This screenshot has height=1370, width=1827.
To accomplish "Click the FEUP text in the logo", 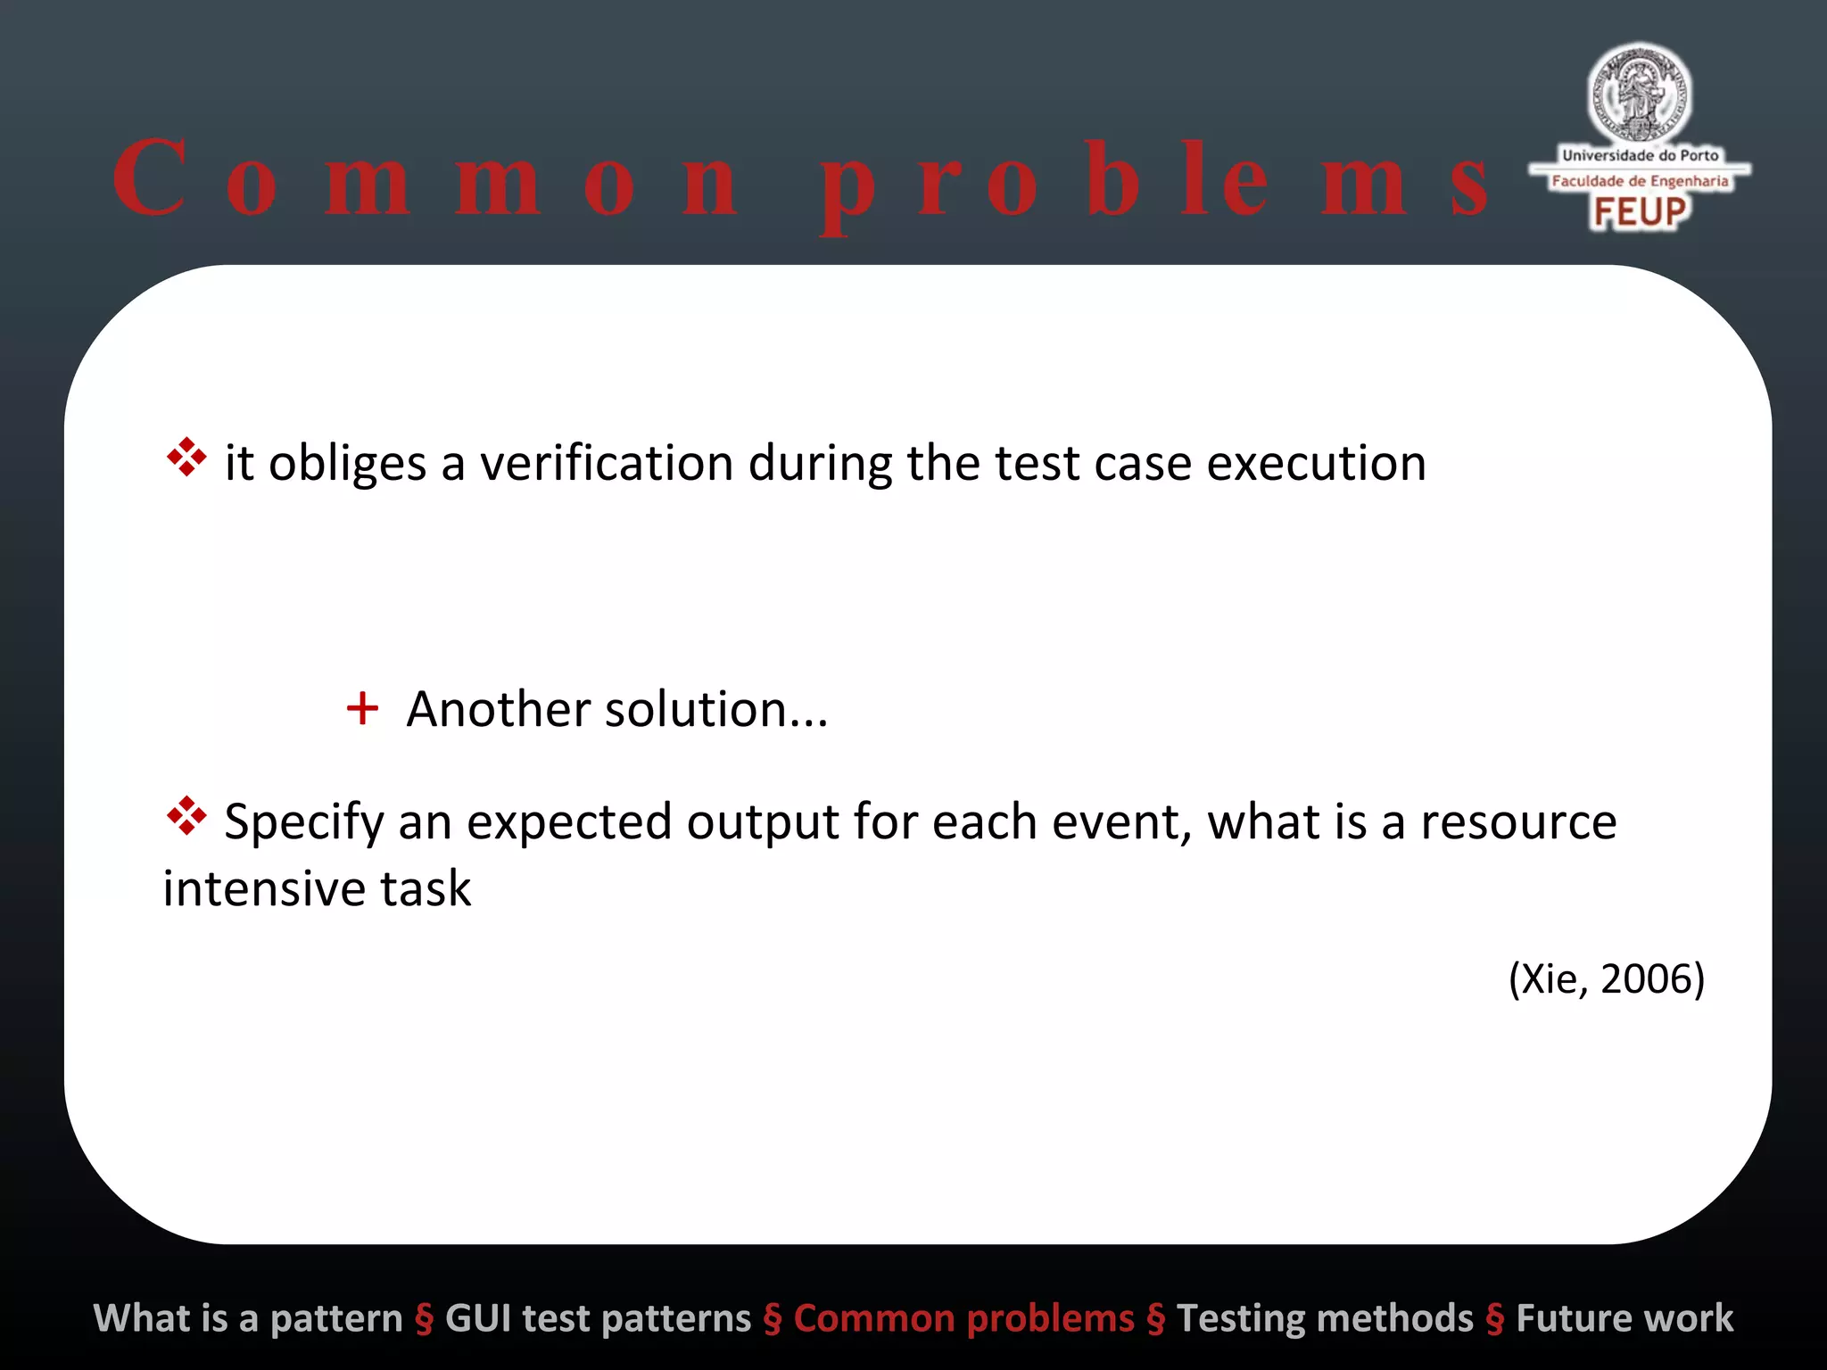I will coord(1640,212).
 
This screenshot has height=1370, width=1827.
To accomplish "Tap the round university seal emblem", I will coord(1639,93).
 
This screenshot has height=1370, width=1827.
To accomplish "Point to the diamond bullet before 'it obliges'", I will coord(186,457).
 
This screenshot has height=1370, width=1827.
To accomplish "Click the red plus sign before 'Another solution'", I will coord(362,709).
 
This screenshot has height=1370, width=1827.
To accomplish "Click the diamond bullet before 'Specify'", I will coord(186,815).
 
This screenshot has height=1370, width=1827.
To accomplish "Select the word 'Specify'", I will coord(303,822).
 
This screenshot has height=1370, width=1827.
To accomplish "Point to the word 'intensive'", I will coord(263,888).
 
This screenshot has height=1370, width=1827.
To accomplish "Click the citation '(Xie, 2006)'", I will coord(1606,978).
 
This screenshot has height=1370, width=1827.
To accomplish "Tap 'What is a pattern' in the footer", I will coord(248,1318).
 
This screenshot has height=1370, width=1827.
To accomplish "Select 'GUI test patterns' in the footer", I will coord(598,1318).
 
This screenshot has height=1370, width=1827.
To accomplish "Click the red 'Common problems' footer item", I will coord(963,1318).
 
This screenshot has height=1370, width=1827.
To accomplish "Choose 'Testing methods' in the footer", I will coord(1325,1318).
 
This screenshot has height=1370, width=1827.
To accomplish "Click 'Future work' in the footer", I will coord(1624,1318).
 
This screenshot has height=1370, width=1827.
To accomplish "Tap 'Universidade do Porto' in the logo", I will coord(1640,155).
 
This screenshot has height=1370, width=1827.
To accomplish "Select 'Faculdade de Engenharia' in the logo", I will coord(1640,181).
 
